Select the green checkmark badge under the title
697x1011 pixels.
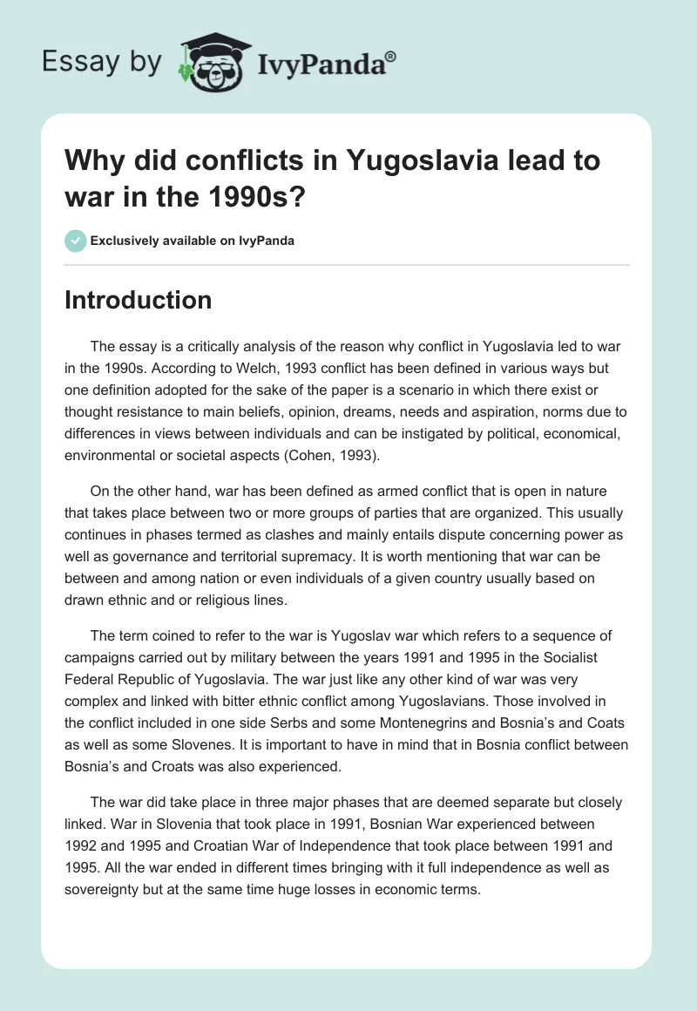click(75, 241)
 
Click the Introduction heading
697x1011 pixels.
click(139, 301)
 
